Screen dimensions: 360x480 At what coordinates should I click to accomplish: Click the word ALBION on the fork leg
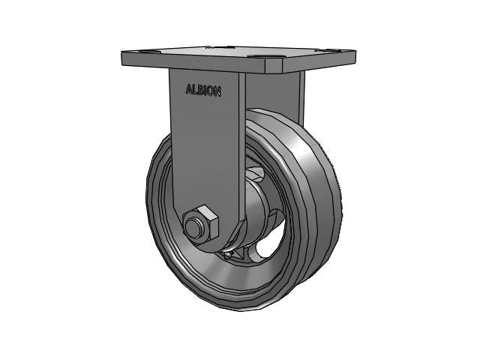click(x=203, y=90)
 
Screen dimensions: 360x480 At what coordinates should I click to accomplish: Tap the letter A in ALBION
click(x=189, y=90)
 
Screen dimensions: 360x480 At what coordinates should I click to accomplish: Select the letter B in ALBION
click(x=200, y=90)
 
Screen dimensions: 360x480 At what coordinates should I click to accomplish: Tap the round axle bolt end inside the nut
click(x=197, y=224)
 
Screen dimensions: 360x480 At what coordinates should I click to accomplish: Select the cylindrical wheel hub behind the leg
click(x=259, y=214)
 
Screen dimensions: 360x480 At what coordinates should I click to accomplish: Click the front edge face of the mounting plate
click(x=202, y=66)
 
